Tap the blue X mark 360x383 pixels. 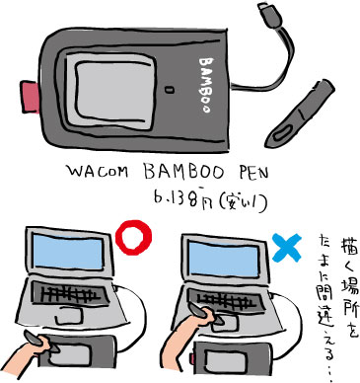coord(287,248)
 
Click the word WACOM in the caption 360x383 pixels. coord(98,171)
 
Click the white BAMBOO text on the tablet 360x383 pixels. coord(206,85)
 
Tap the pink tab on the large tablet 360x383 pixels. coord(31,97)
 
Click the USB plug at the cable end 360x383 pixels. coord(269,16)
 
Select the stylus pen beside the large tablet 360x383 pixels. coord(300,114)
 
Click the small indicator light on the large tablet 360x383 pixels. coord(170,90)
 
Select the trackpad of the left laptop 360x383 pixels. coord(68,317)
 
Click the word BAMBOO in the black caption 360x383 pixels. coord(184,172)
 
